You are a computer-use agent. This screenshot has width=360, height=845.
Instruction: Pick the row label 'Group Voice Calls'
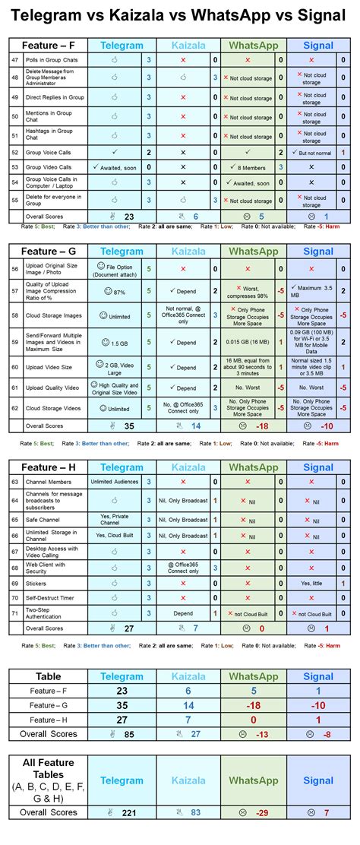[x=49, y=153]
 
